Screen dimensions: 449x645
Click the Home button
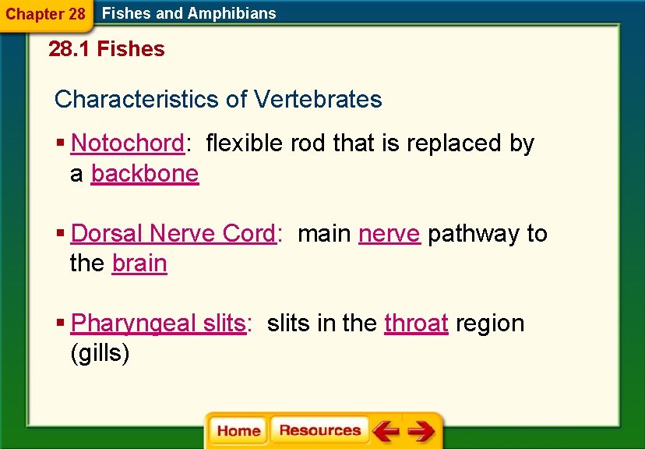[238, 431]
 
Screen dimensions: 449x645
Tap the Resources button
[319, 430]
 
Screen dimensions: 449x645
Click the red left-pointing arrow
[386, 431]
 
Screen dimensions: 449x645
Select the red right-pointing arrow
[421, 431]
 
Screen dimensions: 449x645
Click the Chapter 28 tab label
[46, 13]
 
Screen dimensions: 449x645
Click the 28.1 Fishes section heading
[107, 49]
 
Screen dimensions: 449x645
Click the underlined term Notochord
[127, 143]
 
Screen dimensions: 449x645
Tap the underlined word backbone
[145, 173]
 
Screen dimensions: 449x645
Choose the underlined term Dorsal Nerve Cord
[173, 234]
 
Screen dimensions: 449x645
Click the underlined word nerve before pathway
[389, 234]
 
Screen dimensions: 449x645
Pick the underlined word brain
[139, 263]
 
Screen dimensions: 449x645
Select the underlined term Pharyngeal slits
[158, 323]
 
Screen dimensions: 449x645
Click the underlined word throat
[416, 323]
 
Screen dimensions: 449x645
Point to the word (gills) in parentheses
[100, 353]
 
